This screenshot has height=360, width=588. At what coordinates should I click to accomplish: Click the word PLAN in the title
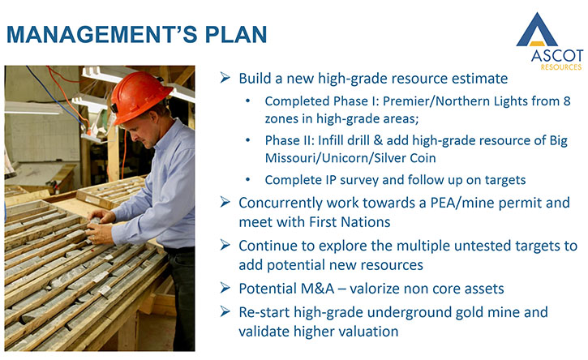pyautogui.click(x=236, y=35)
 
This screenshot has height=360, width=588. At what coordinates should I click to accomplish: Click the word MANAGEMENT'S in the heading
pyautogui.click(x=101, y=35)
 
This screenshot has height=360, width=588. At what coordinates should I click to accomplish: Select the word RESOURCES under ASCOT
pyautogui.click(x=561, y=67)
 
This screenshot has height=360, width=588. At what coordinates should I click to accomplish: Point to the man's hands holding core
pyautogui.click(x=98, y=228)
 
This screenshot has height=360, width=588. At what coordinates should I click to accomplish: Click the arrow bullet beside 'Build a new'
pyautogui.click(x=225, y=78)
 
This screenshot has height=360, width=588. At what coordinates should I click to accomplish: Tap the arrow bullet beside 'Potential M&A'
pyautogui.click(x=225, y=288)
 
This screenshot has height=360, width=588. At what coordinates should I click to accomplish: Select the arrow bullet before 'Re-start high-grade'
pyautogui.click(x=225, y=311)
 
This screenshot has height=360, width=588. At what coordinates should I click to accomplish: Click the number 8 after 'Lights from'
pyautogui.click(x=566, y=101)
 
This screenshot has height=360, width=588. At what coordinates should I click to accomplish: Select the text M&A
pyautogui.click(x=319, y=289)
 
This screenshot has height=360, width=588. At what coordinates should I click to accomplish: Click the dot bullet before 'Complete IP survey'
pyautogui.click(x=248, y=180)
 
